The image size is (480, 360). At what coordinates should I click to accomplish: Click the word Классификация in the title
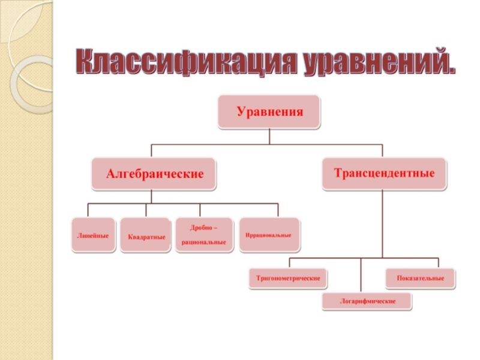(183, 62)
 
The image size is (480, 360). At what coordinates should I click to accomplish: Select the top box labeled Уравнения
(269, 112)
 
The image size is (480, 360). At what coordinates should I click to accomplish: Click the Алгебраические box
(155, 174)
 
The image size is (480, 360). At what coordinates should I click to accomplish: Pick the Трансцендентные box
(384, 173)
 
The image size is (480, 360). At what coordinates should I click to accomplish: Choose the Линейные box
(93, 235)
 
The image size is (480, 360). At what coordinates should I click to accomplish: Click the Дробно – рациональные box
(204, 235)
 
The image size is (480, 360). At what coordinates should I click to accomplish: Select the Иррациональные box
(268, 235)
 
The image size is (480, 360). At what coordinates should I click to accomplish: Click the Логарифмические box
(368, 301)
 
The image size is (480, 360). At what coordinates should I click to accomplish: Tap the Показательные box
(421, 278)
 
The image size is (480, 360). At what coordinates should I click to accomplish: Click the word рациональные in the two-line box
(204, 242)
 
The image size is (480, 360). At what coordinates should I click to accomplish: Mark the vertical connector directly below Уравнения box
(269, 136)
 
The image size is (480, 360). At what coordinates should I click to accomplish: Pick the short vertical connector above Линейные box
(88, 211)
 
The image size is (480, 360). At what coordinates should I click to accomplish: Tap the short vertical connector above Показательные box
(439, 263)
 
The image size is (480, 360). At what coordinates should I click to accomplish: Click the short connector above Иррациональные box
(278, 211)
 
